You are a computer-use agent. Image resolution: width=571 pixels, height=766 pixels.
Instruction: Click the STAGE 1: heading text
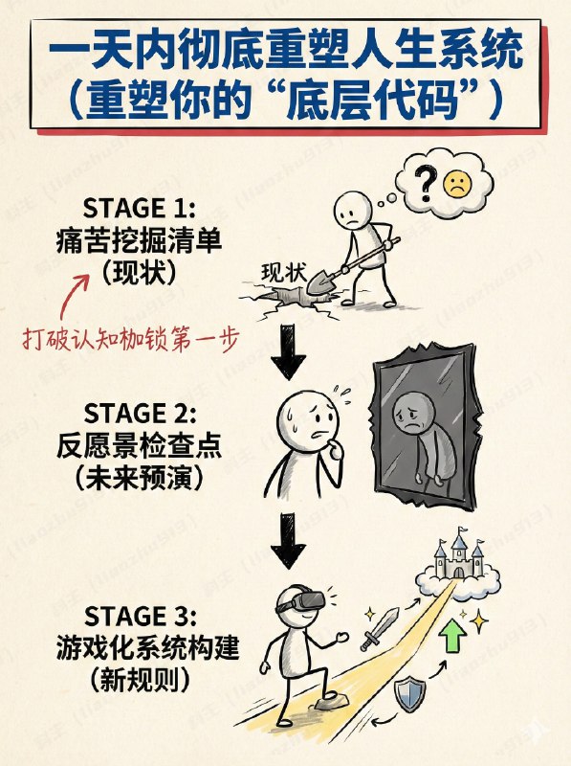click(x=139, y=208)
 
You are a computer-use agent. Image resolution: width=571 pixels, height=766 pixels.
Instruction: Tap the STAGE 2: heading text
click(x=139, y=413)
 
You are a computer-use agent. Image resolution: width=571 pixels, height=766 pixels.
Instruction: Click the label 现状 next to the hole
click(x=284, y=273)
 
